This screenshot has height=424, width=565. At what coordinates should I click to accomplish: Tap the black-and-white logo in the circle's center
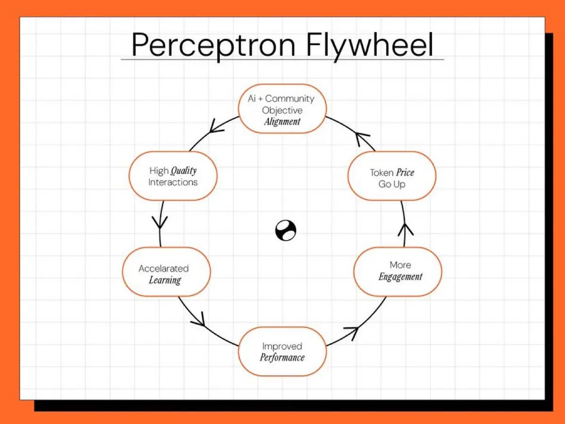[x=286, y=231]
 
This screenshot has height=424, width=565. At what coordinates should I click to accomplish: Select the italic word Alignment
[x=282, y=122]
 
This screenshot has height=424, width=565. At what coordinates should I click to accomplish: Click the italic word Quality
[x=183, y=171]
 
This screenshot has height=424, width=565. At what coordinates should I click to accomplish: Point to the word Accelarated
[x=163, y=269]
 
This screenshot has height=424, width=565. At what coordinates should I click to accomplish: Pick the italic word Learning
[x=165, y=280]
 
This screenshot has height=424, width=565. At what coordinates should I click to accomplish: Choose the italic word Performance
[x=282, y=358]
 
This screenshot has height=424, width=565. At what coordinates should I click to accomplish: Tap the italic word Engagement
[x=400, y=277]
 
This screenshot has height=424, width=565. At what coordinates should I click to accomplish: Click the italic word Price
[x=405, y=172]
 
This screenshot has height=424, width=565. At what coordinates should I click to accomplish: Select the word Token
[x=381, y=172]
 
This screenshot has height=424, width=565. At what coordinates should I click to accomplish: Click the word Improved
[x=282, y=346]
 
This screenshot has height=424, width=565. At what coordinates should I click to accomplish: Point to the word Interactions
[x=173, y=182]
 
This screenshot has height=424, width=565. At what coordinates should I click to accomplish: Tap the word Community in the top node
[x=290, y=99]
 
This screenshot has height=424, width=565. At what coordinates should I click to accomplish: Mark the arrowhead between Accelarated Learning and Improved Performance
[x=199, y=321]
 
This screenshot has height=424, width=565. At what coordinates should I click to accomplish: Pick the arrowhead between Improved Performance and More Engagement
[x=352, y=331]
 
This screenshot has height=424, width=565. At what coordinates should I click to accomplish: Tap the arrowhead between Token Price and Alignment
[x=363, y=139]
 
